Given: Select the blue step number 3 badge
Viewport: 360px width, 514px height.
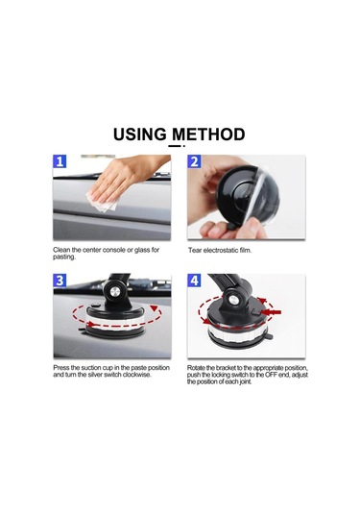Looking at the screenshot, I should (x=60, y=281).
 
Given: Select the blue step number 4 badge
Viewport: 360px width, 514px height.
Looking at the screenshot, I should (x=194, y=281).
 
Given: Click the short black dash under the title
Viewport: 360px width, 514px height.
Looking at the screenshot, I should (x=176, y=146).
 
